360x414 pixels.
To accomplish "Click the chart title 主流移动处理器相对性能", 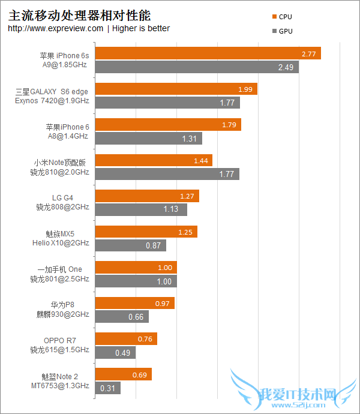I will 79,14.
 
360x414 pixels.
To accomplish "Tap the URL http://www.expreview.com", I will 56,28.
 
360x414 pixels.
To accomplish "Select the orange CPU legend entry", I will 282,17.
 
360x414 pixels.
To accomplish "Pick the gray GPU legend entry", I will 282,31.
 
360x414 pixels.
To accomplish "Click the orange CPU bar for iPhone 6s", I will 208,53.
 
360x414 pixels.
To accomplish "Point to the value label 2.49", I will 285,67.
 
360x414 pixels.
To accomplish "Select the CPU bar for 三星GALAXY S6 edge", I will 176,89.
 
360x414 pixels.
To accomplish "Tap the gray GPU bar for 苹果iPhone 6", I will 148,139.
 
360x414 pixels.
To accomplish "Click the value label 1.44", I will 200,160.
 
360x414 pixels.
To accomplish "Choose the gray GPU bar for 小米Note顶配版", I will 167,174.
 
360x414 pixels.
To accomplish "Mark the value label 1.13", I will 171,209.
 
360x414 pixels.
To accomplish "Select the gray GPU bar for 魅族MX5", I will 130,245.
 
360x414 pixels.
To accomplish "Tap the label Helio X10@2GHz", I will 61,243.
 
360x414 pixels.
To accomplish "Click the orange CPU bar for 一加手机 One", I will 136,268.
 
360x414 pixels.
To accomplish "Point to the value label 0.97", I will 162,304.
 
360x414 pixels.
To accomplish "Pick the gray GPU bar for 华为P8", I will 122,317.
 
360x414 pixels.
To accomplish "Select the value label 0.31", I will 108,388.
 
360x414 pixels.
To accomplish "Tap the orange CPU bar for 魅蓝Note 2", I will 123,374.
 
